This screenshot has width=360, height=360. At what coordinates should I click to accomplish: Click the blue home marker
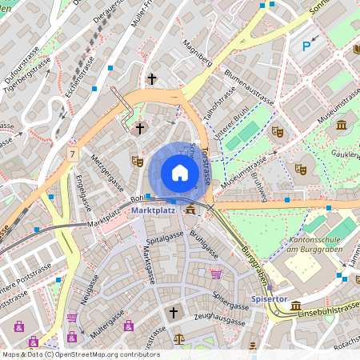(180, 173)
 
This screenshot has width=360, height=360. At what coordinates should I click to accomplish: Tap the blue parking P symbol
(306, 47)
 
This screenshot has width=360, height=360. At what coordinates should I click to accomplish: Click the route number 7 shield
(73, 153)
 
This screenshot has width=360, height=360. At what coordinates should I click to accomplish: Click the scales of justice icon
(178, 339)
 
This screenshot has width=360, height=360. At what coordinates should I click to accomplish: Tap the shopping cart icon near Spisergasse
(216, 274)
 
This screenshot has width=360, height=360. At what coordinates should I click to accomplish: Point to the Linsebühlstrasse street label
(328, 306)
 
